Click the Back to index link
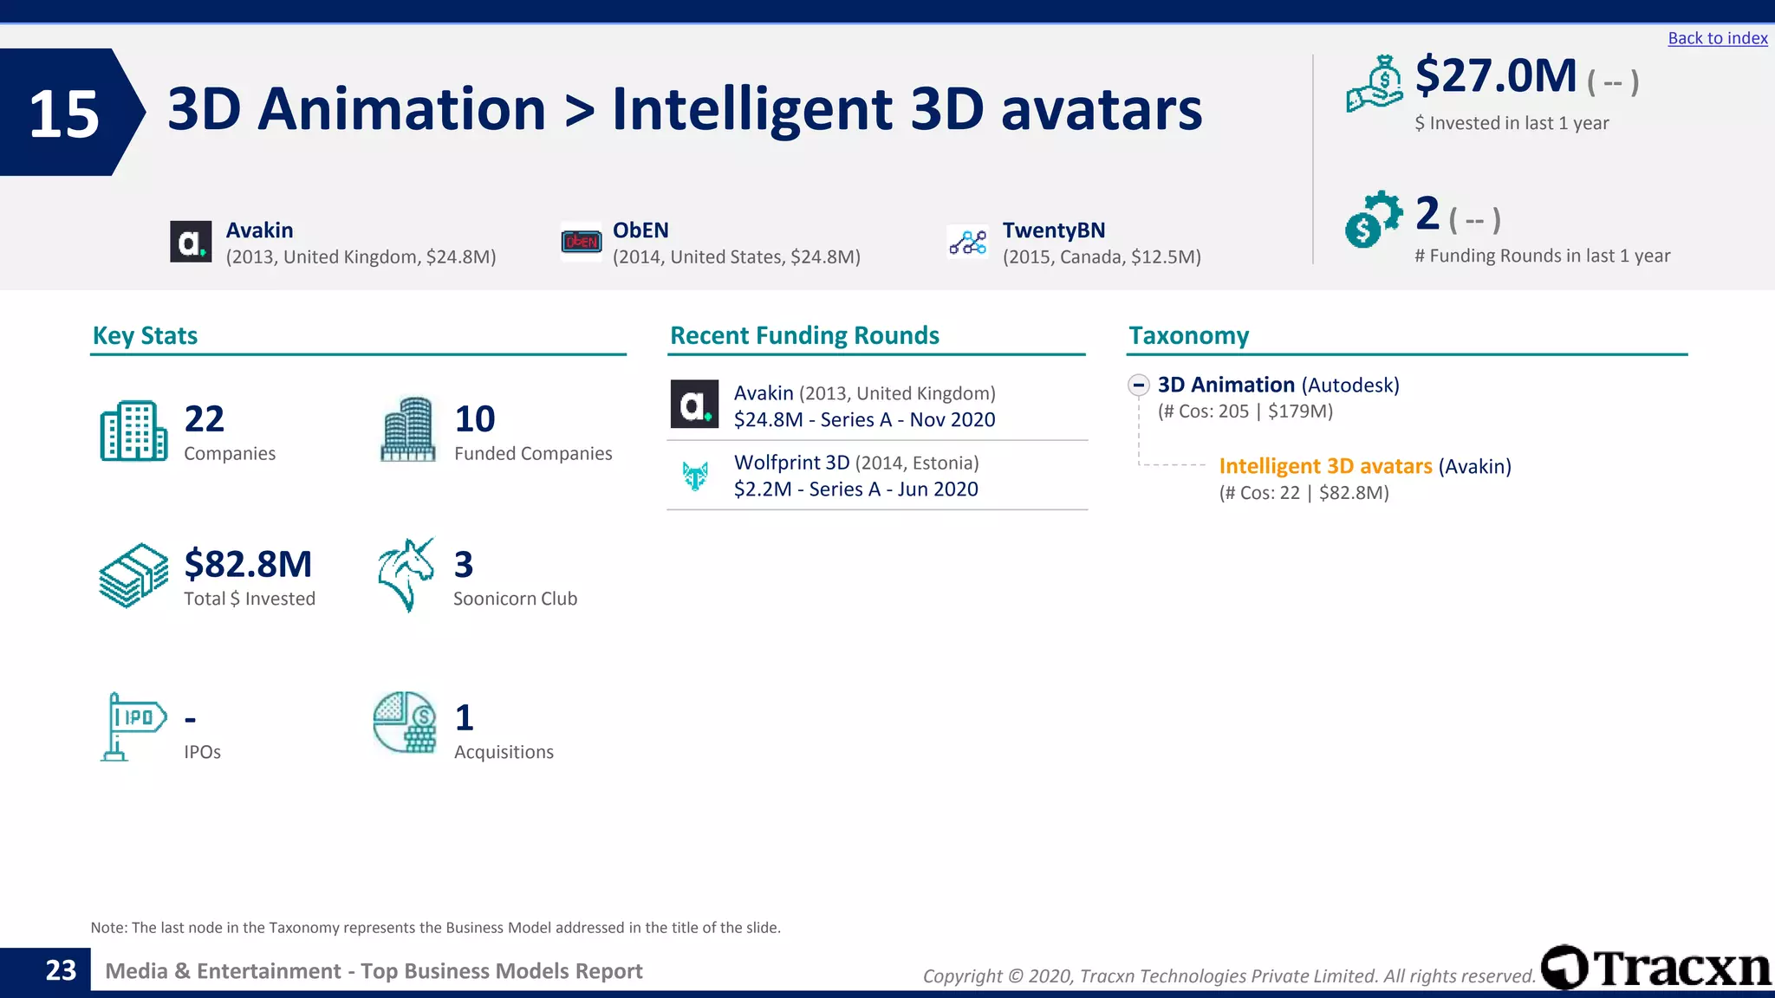click(x=1717, y=38)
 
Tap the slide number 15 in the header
click(x=64, y=113)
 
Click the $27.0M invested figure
click(x=1496, y=76)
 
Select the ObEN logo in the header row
click(x=581, y=242)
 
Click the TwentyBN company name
click(x=1053, y=230)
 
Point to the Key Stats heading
click(x=145, y=335)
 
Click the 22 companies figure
click(x=205, y=419)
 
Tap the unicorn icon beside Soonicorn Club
click(x=406, y=574)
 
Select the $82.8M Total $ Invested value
click(x=248, y=564)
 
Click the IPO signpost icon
click(x=133, y=726)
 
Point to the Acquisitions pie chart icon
click(x=405, y=722)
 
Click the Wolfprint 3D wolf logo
click(x=695, y=476)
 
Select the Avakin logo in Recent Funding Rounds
click(x=694, y=405)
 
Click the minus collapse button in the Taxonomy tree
click(x=1139, y=385)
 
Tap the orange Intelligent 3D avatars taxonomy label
click(x=1324, y=466)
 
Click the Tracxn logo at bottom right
click(x=1655, y=967)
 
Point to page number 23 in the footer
click(x=61, y=970)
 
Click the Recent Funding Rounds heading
click(x=804, y=335)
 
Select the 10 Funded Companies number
click(x=475, y=419)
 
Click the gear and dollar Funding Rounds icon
click(x=1372, y=219)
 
